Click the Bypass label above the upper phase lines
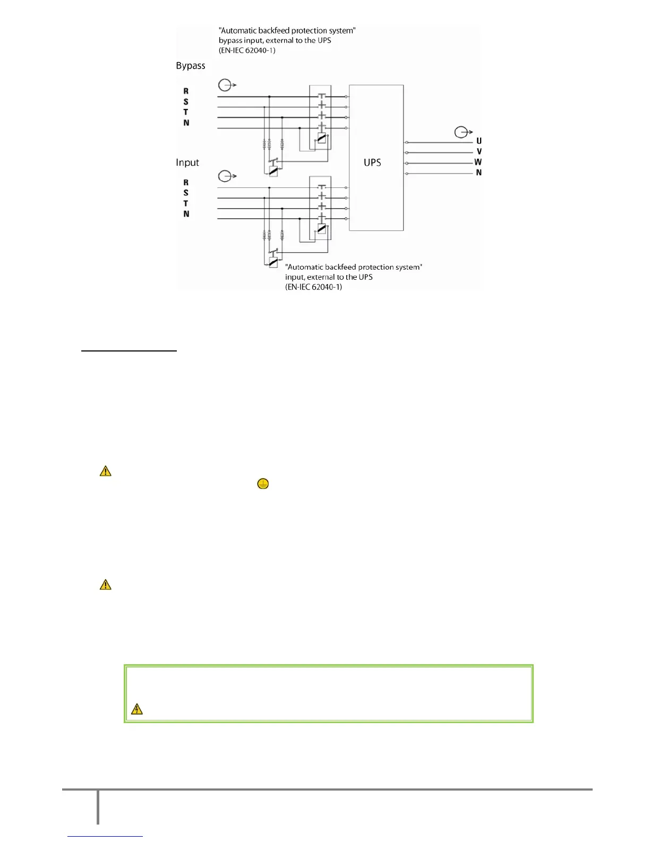(x=191, y=66)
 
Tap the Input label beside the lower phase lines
(x=187, y=162)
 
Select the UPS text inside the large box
(x=372, y=162)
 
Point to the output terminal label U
(x=479, y=141)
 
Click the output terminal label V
(x=479, y=152)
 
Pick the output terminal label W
(x=478, y=162)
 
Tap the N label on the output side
(x=479, y=173)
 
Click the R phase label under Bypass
(x=186, y=91)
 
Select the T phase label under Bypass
(x=186, y=112)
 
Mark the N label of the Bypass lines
(x=186, y=123)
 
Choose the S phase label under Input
(x=186, y=193)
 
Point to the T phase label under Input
(x=186, y=203)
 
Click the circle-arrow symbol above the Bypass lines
(x=226, y=84)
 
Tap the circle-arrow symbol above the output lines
(x=461, y=132)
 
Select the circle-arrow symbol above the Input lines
(x=226, y=176)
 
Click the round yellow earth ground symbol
(x=263, y=484)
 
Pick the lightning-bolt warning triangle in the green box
(x=136, y=709)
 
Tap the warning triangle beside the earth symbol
(x=106, y=471)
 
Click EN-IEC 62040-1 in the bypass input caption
(x=247, y=50)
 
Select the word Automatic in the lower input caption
(x=304, y=267)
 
